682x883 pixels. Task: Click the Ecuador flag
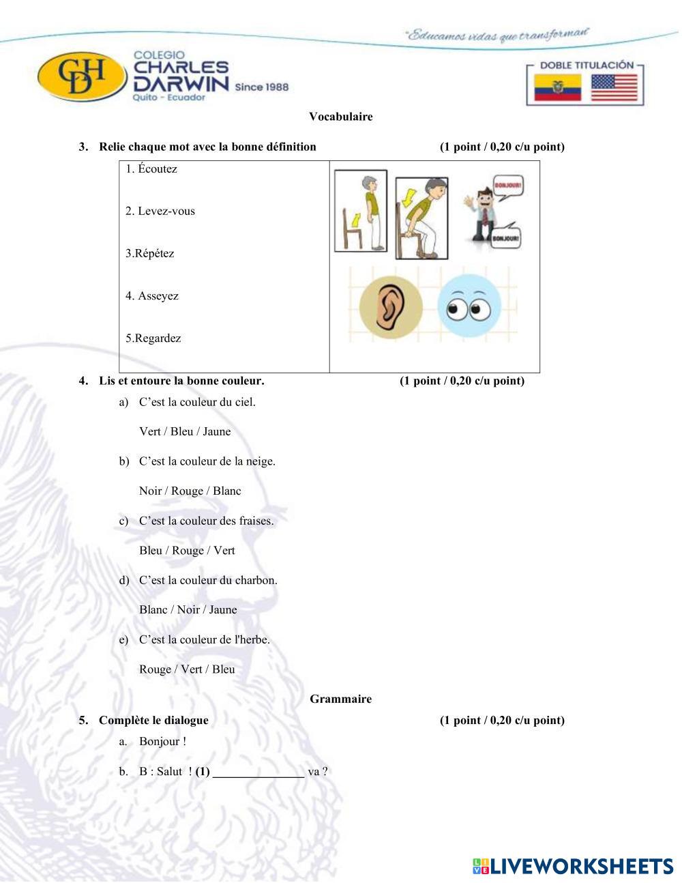coord(557,89)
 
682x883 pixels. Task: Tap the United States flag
coord(614,89)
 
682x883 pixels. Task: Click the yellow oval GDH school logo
coord(83,76)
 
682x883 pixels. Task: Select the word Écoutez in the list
coord(157,169)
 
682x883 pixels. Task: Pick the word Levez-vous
coord(166,212)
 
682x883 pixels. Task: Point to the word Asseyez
coord(158,296)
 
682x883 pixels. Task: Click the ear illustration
coord(391,308)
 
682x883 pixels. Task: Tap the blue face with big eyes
coord(469,308)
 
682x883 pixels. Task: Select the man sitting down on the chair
coord(421,218)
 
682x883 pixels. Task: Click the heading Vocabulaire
coord(340,117)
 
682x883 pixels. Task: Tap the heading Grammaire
coord(340,699)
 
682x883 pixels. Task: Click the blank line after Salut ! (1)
coord(258,773)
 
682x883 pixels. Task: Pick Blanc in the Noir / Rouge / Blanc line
coord(226,491)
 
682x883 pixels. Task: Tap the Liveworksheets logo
coord(572,867)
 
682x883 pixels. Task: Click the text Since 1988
coord(261,87)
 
